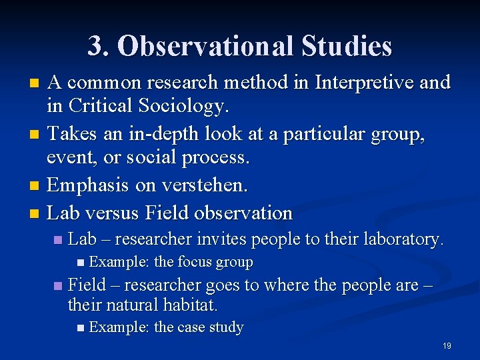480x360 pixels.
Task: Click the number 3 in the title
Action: pos(95,46)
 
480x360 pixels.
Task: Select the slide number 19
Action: pos(447,346)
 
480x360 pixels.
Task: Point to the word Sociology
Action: pos(193,105)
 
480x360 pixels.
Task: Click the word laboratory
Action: pos(403,239)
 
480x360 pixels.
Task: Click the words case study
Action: pos(211,328)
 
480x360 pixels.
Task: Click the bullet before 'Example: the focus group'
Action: pos(81,263)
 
